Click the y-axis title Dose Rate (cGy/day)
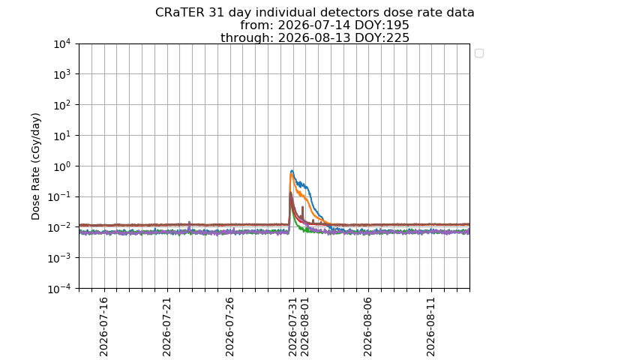(36, 166)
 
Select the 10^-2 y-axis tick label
(61, 228)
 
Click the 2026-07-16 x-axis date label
(104, 327)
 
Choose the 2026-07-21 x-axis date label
(167, 327)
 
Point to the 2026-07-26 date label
(230, 327)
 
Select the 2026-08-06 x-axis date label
(368, 327)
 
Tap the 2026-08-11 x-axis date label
(431, 327)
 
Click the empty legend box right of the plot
(479, 53)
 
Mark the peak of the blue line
(292, 171)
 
